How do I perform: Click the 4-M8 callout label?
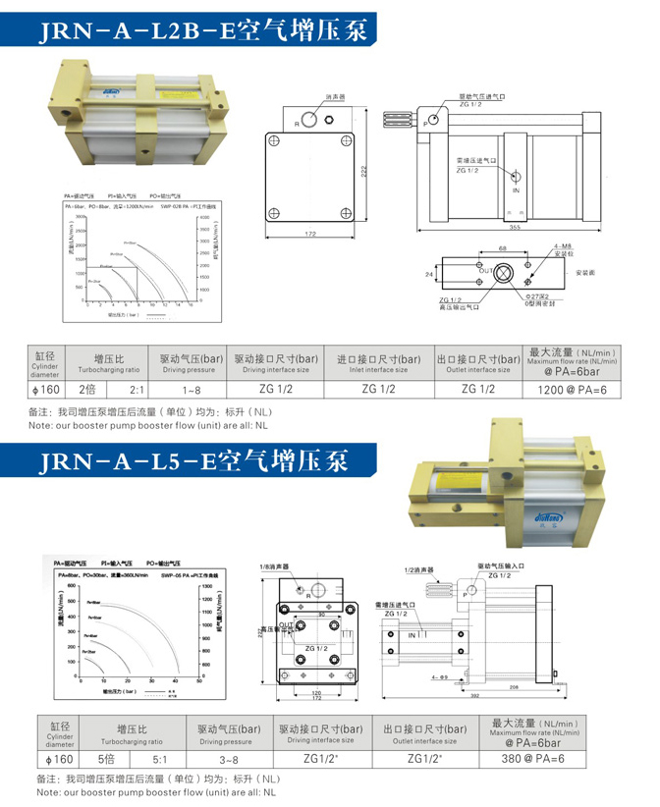click(565, 245)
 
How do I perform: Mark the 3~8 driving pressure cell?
click(229, 759)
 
